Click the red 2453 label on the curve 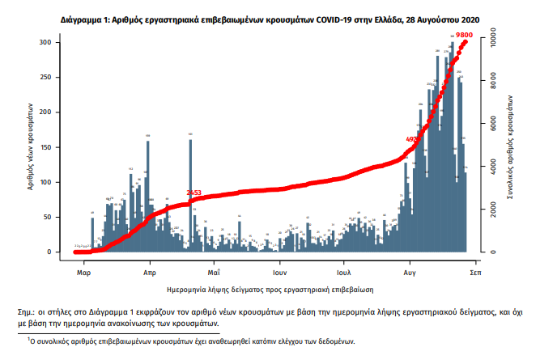click(x=194, y=193)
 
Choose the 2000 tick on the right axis click(x=490, y=210)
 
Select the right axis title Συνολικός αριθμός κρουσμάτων click(x=512, y=146)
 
